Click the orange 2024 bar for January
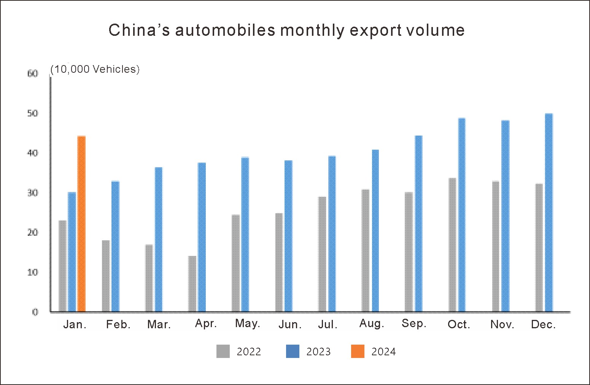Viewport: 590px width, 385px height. (81, 224)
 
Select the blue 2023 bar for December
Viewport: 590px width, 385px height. (549, 212)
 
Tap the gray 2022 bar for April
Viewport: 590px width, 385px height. (192, 284)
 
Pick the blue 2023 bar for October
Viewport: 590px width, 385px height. (462, 215)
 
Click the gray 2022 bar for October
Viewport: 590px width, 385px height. (452, 245)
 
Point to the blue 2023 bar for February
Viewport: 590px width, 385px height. (115, 246)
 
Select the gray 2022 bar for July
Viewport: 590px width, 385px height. (322, 254)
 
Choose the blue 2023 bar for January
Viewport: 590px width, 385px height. (72, 252)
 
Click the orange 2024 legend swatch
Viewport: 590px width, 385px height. (358, 351)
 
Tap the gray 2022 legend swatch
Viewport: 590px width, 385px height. (223, 351)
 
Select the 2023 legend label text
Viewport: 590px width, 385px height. (318, 351)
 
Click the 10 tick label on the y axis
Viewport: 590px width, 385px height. (33, 272)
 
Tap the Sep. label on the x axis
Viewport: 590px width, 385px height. (414, 323)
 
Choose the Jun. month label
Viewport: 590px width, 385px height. (290, 324)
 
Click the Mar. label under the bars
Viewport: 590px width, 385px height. (159, 324)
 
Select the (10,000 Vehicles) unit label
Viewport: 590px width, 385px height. (95, 69)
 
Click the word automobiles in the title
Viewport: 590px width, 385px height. (225, 30)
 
